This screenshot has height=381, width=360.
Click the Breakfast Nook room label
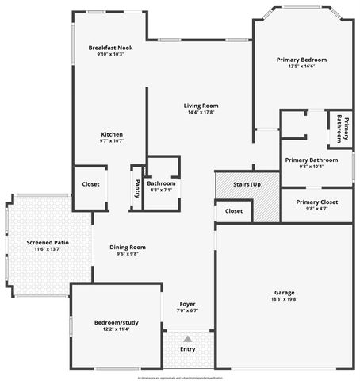[x=110, y=48]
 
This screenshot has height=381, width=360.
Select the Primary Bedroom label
[x=301, y=60]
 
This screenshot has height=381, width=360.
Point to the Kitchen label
[x=112, y=133]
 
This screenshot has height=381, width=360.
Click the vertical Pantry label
[x=137, y=187]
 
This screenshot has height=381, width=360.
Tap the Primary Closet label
[x=317, y=202]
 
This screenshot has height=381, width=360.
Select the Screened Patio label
[x=48, y=242]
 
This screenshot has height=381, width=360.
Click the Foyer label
[x=187, y=304]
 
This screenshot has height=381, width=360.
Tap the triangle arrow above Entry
[x=188, y=338]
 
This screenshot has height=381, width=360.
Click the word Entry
[x=188, y=349]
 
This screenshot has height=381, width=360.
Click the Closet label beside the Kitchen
[x=91, y=184]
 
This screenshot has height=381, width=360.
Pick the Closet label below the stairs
[x=234, y=211]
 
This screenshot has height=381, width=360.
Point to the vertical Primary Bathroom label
[x=343, y=129]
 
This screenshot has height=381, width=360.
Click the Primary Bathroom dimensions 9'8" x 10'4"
[x=312, y=167]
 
